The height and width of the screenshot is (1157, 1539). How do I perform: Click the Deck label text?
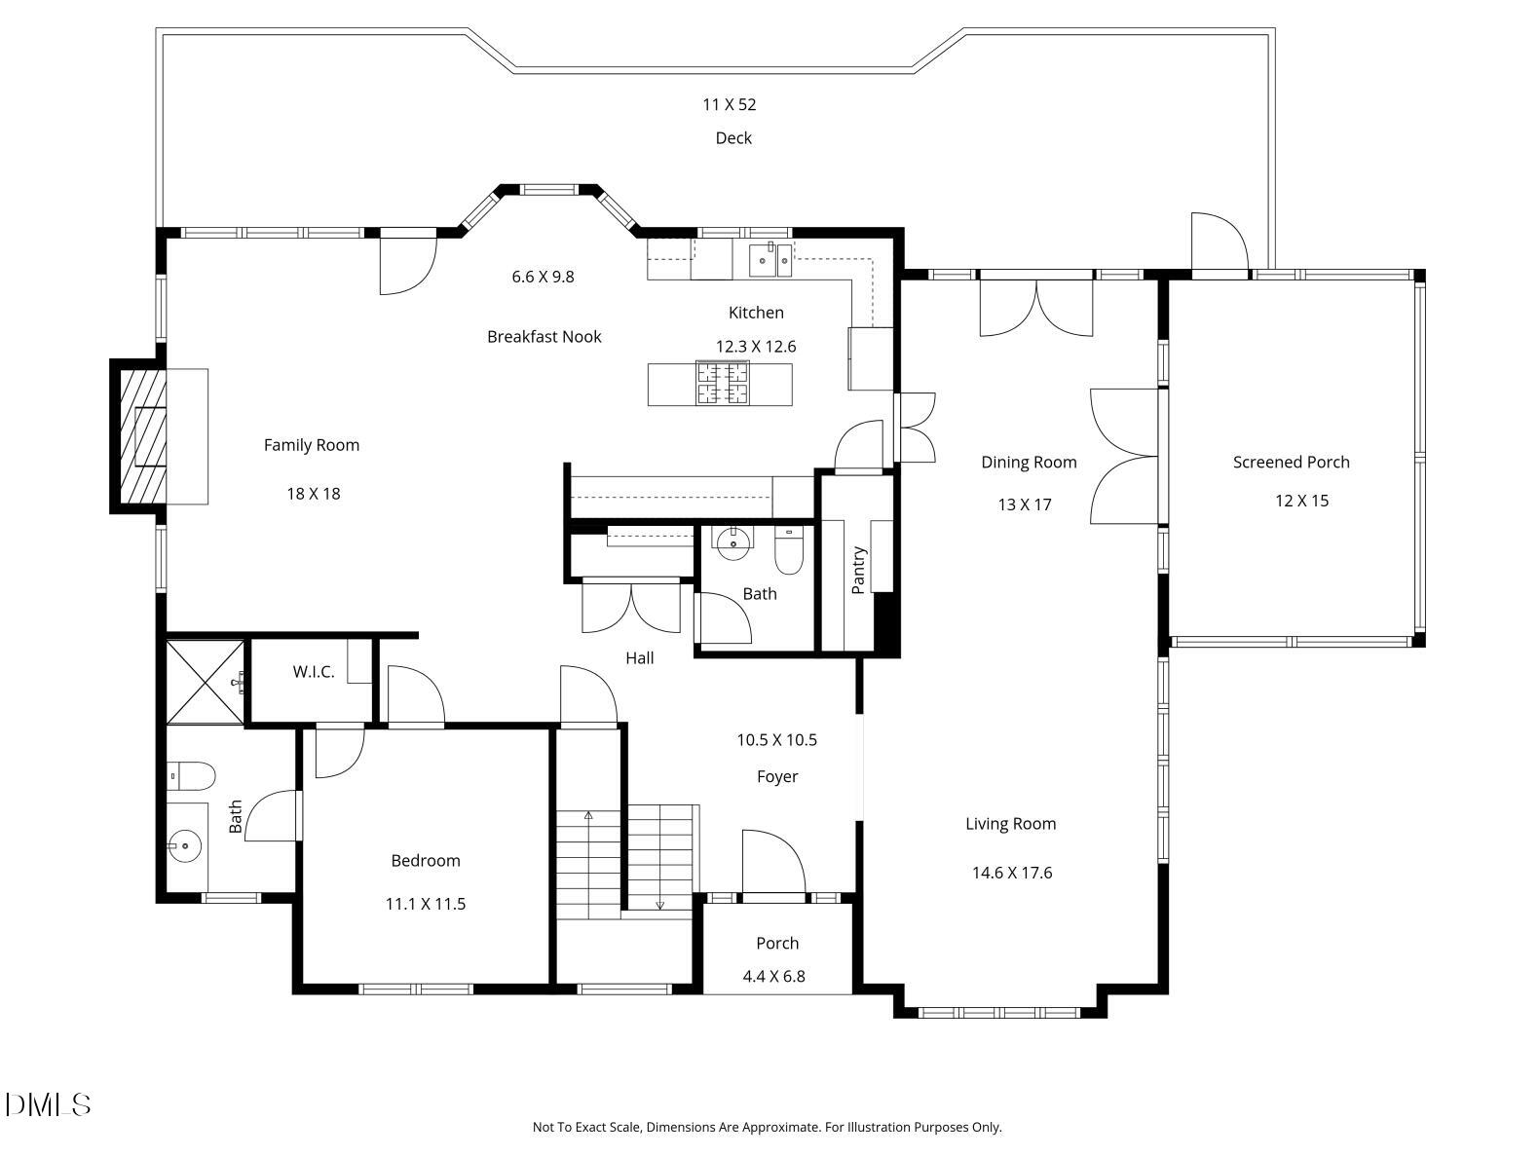pyautogui.click(x=733, y=138)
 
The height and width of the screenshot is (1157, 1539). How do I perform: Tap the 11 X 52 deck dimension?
pyautogui.click(x=730, y=104)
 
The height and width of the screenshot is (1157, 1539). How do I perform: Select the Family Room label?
pyautogui.click(x=312, y=445)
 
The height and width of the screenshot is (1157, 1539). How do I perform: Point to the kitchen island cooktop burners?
pyautogui.click(x=722, y=383)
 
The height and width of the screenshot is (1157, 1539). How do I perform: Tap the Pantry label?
pyautogui.click(x=858, y=570)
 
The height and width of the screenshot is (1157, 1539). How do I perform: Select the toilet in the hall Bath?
pyautogui.click(x=787, y=553)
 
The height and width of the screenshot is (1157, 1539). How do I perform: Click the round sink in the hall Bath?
pyautogui.click(x=731, y=541)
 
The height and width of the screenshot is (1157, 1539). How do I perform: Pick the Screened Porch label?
pyautogui.click(x=1291, y=463)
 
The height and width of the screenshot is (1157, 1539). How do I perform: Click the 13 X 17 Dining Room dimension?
pyautogui.click(x=1025, y=504)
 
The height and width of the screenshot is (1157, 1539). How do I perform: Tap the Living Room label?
pyautogui.click(x=1010, y=824)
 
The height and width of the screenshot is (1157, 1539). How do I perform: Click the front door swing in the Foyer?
pyautogui.click(x=772, y=862)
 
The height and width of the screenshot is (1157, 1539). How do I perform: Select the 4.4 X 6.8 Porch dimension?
pyautogui.click(x=776, y=976)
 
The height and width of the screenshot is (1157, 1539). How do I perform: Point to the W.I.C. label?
pyautogui.click(x=314, y=672)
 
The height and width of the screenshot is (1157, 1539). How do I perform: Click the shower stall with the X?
pyautogui.click(x=205, y=682)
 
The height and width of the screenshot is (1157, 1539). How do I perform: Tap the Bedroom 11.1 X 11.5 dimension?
pyautogui.click(x=426, y=904)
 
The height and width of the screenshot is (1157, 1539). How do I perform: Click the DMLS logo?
pyautogui.click(x=48, y=1104)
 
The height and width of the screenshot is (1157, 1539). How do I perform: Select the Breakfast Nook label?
pyautogui.click(x=544, y=337)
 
